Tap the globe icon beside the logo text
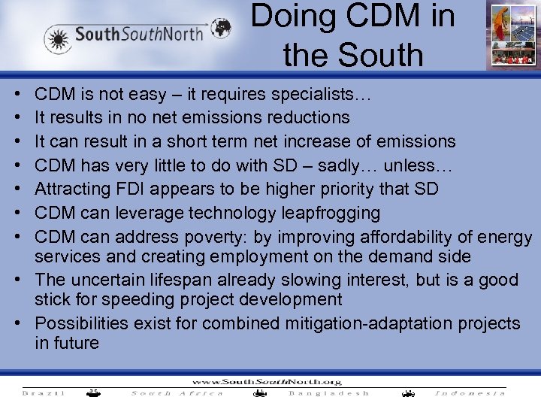point(220,29)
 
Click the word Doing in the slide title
point(289,16)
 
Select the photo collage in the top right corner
point(510,35)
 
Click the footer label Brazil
point(44,392)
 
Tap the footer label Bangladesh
point(329,392)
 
